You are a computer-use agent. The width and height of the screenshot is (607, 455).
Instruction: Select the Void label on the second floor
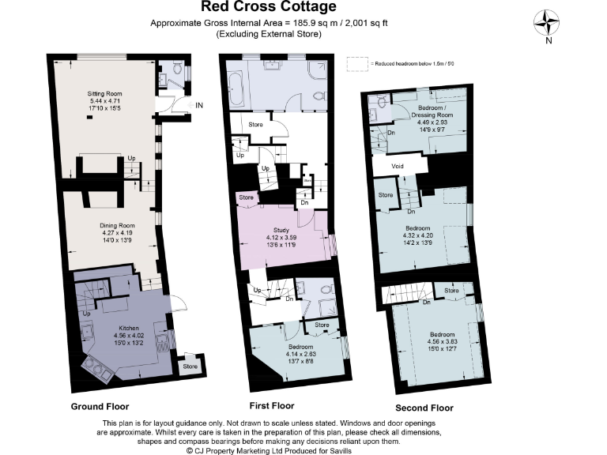[401, 167]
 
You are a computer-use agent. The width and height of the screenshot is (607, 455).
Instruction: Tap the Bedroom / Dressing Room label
[429, 111]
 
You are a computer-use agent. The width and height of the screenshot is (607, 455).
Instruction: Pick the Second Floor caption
[424, 408]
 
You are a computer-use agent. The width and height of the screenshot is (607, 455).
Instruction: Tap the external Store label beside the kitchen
[190, 367]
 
